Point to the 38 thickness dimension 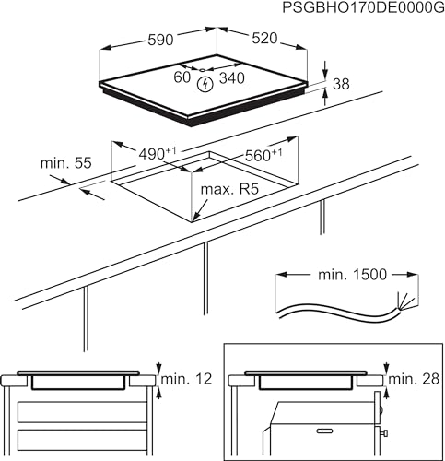click(x=340, y=84)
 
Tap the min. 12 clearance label click(x=187, y=378)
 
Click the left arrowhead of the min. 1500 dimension click(x=281, y=275)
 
